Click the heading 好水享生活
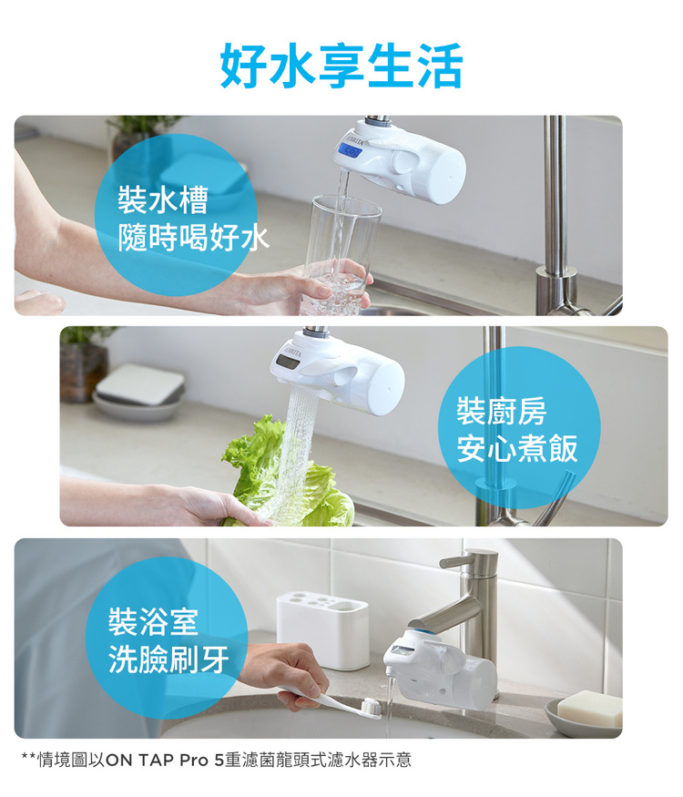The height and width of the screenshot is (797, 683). pos(341,66)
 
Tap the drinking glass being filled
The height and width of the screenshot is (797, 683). pos(341,254)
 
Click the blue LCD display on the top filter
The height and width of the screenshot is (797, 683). pos(349,150)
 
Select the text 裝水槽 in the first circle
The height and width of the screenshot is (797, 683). pos(163,199)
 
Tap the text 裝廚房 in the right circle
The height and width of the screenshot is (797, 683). pos(502,411)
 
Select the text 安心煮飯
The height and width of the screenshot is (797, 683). pos(517,448)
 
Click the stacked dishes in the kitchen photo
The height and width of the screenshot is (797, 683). pos(138,392)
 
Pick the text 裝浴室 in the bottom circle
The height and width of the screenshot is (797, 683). pos(154,621)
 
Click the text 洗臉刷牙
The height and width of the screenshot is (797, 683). pos(168,659)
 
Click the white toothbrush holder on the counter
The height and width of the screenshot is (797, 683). pos(322,629)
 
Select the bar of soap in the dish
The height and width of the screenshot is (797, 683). pos(589,708)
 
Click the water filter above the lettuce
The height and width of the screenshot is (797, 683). pos(338,371)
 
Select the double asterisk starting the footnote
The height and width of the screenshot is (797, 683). pos(28,757)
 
